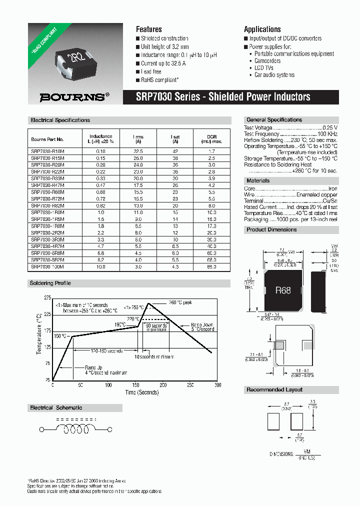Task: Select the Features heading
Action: [148, 29]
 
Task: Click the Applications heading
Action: [262, 29]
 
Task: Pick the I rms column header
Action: [138, 138]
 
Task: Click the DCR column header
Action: [212, 138]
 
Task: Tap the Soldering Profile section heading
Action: [51, 283]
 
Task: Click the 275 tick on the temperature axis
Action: [47, 298]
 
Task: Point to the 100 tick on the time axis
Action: [108, 385]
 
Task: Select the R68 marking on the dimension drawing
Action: [282, 290]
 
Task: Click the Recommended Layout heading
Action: [274, 389]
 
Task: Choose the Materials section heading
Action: [258, 180]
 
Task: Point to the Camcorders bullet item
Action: [267, 61]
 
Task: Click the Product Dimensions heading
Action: [271, 230]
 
